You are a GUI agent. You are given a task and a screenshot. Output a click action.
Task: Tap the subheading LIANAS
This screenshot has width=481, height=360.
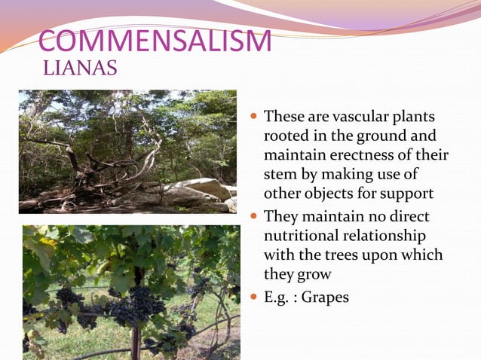(81, 70)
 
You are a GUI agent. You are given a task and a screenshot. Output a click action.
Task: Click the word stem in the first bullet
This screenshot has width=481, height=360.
(277, 175)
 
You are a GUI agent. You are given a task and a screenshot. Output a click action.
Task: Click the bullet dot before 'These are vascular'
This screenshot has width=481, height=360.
(253, 117)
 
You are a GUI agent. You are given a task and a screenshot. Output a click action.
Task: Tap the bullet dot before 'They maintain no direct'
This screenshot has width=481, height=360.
(253, 217)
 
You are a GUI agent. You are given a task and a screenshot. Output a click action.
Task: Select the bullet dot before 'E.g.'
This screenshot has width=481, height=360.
(253, 297)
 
